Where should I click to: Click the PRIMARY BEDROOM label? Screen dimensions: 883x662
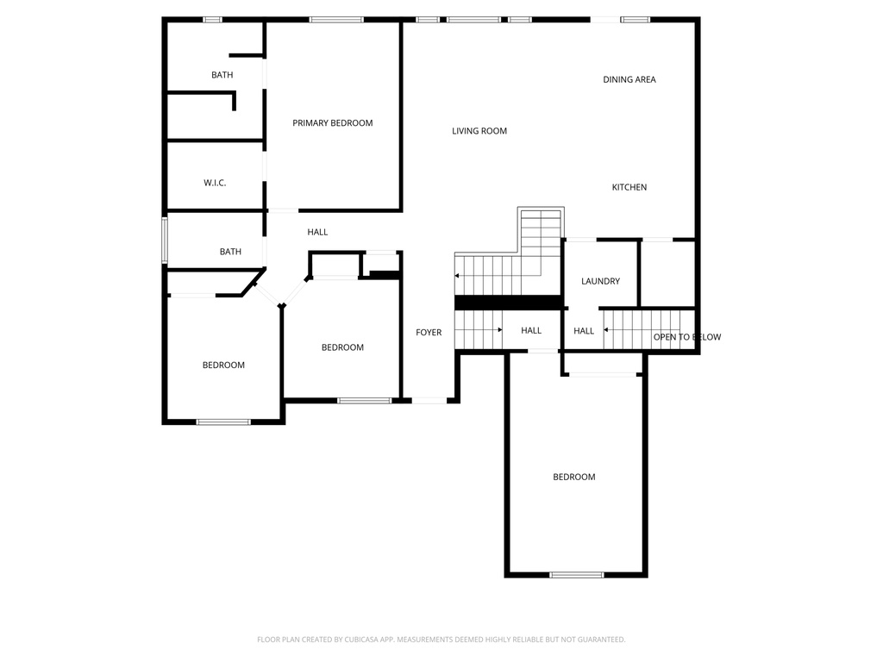(x=332, y=122)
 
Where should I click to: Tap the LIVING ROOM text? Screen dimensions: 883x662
(x=479, y=131)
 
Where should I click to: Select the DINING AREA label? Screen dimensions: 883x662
(x=629, y=79)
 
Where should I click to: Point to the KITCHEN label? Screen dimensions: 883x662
(x=629, y=187)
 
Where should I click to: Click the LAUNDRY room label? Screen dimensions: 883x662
(x=600, y=281)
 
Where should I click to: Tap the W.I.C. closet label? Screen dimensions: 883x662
(x=215, y=183)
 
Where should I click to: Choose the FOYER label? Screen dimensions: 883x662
(x=429, y=332)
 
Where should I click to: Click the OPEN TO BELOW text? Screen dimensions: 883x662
(x=687, y=337)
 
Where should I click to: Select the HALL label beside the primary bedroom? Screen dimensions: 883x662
(x=317, y=231)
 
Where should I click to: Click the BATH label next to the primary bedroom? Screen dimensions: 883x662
(x=222, y=74)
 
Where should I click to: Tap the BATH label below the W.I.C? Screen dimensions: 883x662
(x=230, y=251)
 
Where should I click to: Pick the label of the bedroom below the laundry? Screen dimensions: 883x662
(x=573, y=477)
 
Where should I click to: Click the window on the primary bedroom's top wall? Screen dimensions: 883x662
(x=336, y=20)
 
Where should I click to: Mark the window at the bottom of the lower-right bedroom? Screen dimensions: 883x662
(x=577, y=575)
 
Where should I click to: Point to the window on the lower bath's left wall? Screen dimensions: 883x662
(x=165, y=240)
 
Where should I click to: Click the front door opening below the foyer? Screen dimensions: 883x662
(x=429, y=400)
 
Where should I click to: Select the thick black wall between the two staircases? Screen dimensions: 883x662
(x=508, y=303)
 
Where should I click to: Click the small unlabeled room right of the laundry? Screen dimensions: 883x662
(x=668, y=273)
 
